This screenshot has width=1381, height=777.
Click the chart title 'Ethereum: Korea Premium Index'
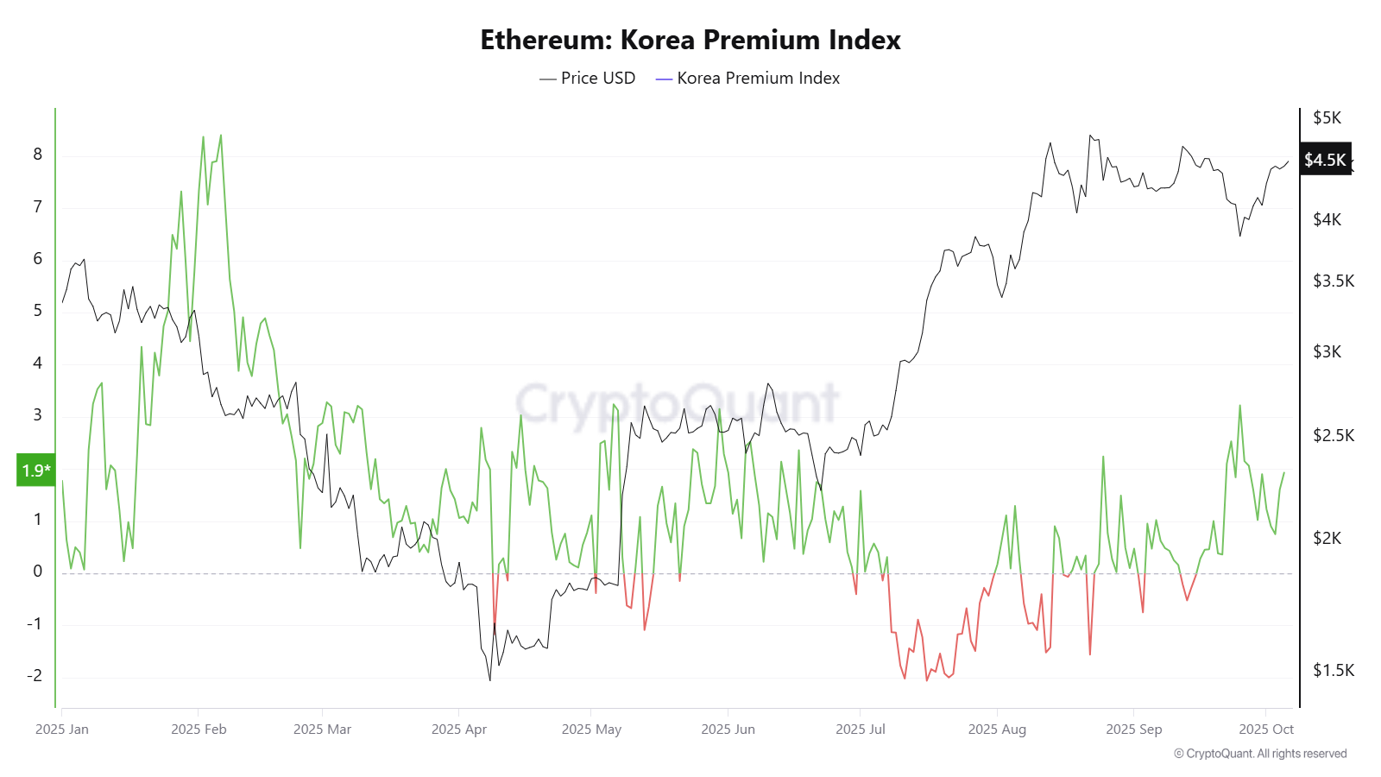point(690,40)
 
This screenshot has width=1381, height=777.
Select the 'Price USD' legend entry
point(588,78)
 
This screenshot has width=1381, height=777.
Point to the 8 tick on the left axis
point(37,155)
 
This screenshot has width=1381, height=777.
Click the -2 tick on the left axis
point(35,676)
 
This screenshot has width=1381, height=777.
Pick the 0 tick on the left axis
point(37,571)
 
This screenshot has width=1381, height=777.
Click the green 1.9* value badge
point(36,471)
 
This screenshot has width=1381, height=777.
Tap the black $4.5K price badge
point(1325,160)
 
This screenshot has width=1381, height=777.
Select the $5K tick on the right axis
point(1327,117)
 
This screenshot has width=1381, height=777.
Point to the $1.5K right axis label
point(1334,670)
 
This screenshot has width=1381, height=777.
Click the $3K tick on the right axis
point(1327,351)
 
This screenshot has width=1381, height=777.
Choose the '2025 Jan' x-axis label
point(62,730)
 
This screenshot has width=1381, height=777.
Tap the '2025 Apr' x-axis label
point(459,730)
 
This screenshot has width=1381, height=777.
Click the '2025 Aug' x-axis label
point(997,730)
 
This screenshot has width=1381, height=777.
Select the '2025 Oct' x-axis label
point(1266,730)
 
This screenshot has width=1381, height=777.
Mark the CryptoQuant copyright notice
point(1260,754)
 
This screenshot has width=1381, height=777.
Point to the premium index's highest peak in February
point(221,136)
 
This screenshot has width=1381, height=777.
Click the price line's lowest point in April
point(490,680)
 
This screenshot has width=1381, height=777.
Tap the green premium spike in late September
point(1239,406)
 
